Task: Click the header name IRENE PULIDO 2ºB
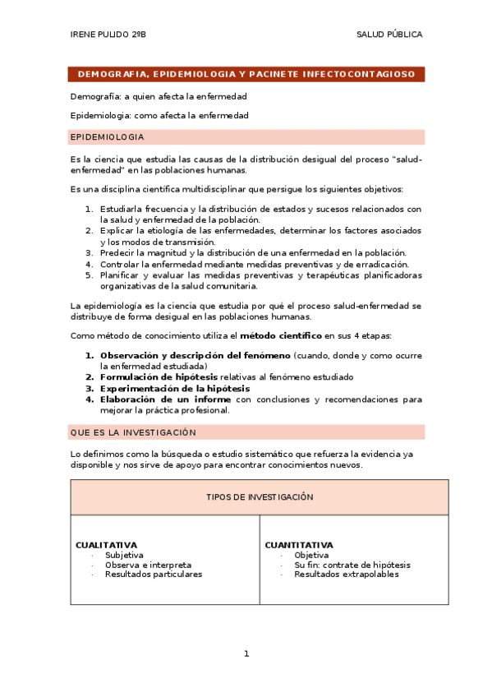(x=108, y=35)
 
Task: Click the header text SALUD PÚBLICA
(x=389, y=35)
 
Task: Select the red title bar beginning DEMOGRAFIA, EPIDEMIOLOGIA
(x=246, y=74)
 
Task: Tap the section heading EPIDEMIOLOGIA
(x=108, y=136)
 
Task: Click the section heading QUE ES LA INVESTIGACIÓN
(x=134, y=432)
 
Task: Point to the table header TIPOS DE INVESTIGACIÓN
(x=260, y=497)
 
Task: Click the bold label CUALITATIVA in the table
(x=106, y=545)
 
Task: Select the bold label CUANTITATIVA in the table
(x=299, y=545)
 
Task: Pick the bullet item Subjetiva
(x=124, y=555)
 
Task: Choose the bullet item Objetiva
(x=311, y=555)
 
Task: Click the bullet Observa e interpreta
(x=148, y=565)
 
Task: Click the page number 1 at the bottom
(x=246, y=653)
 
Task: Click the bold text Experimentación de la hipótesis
(x=175, y=388)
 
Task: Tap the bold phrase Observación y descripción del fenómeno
(x=195, y=355)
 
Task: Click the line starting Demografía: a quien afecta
(x=159, y=96)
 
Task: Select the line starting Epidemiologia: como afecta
(x=159, y=116)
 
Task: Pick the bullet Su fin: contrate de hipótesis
(x=352, y=565)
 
